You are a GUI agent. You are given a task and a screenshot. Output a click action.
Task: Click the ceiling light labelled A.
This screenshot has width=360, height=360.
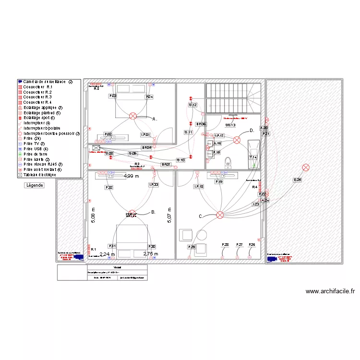[x=133, y=116]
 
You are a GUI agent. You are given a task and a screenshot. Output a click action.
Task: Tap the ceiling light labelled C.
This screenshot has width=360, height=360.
[x=220, y=215]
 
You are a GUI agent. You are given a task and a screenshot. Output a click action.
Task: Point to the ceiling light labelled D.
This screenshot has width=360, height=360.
[x=237, y=140]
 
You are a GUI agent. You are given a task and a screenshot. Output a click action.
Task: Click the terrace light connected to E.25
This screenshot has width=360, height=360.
[x=306, y=168]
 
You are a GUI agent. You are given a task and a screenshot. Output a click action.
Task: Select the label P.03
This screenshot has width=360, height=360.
[x=113, y=96]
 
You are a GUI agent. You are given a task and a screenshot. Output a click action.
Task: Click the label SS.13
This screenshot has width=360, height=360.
[x=231, y=125]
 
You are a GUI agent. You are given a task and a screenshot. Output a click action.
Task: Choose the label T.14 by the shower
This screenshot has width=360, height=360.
[x=253, y=157]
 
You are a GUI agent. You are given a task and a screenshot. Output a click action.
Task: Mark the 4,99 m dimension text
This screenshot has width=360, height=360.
[x=131, y=176]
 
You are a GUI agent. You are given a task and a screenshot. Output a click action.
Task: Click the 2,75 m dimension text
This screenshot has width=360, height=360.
[x=151, y=254]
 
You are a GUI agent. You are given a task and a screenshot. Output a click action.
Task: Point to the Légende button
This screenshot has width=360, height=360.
[x=35, y=185]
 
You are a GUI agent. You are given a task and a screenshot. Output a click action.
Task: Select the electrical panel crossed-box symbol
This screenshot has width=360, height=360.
[x=96, y=148]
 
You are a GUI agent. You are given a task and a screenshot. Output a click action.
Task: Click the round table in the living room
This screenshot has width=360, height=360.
[x=201, y=234]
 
